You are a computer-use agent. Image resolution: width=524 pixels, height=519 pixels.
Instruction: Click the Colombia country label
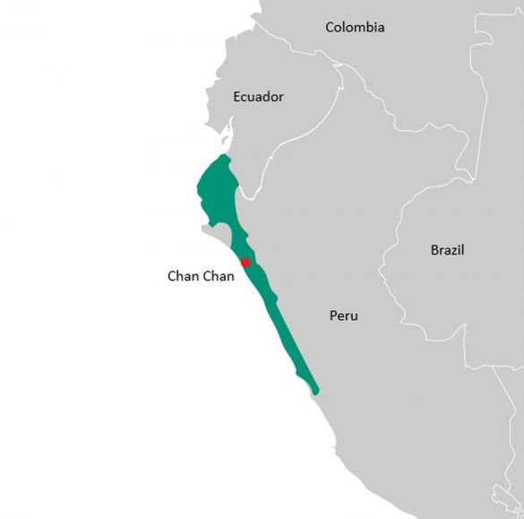tap(355, 27)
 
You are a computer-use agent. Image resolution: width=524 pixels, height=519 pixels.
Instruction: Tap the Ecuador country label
tap(258, 96)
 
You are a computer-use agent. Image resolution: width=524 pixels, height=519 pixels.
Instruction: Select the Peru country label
tap(343, 316)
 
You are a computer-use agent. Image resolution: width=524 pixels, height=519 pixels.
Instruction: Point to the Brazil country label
tap(447, 250)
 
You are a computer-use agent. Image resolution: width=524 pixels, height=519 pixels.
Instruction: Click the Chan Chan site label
tap(201, 276)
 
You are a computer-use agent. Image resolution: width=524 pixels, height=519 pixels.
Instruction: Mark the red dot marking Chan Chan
tap(245, 263)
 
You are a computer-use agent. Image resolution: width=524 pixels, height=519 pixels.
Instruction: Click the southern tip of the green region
tap(314, 390)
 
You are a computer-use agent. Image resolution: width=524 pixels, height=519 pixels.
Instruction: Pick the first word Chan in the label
tap(183, 276)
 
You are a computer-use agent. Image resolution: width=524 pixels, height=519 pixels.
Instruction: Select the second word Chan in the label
tap(219, 276)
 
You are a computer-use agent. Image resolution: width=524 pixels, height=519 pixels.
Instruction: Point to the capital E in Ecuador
tap(236, 96)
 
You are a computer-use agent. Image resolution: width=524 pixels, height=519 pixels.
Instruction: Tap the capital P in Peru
tap(333, 316)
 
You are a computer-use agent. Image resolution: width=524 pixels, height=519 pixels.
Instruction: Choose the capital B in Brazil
tap(434, 250)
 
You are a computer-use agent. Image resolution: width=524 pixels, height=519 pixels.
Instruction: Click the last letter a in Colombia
tap(381, 28)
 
